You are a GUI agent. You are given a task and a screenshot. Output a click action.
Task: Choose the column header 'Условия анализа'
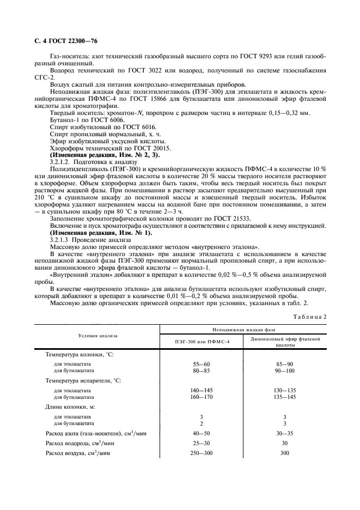click(97, 336)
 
